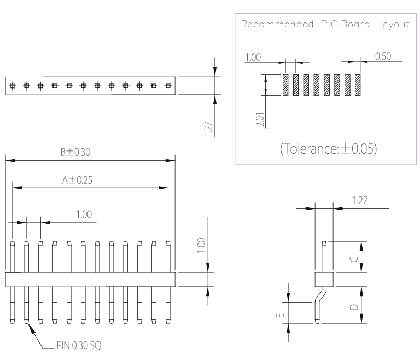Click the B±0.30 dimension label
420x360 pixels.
point(75,152)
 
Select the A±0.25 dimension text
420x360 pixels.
point(77,180)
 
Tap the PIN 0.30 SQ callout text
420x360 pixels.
point(79,345)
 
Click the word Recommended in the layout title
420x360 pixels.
point(277,24)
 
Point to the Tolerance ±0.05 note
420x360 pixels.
point(328,148)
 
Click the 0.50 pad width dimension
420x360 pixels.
point(383,56)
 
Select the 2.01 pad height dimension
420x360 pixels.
point(260,119)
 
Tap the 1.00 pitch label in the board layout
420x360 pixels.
point(253,57)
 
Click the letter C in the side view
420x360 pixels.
point(354,259)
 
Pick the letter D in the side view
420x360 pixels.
point(354,307)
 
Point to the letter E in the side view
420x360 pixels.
point(280,315)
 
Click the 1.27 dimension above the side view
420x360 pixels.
point(360,200)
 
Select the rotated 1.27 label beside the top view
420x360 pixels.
point(208,129)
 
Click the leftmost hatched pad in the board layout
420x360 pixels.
point(285,85)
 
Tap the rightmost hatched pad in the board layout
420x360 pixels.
point(358,85)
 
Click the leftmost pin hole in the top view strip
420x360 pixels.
point(13,86)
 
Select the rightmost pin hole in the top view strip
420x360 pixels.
point(168,86)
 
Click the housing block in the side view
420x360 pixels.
point(324,280)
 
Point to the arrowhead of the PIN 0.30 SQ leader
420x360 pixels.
point(31,328)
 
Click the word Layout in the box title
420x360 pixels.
point(393,25)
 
